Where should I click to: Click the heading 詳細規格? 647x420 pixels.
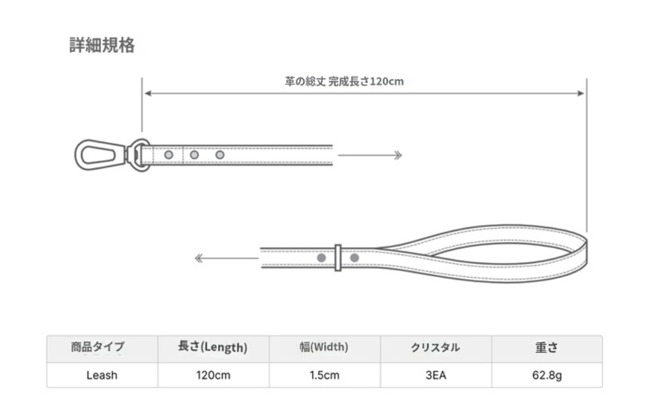[102, 45]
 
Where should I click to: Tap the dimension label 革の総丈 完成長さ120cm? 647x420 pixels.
[344, 81]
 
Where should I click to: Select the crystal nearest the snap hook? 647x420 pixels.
[169, 155]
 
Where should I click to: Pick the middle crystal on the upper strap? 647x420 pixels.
[195, 155]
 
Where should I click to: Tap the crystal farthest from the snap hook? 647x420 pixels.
[220, 155]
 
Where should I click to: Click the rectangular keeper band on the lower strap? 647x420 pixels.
[338, 258]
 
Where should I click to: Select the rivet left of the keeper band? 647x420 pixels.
[321, 258]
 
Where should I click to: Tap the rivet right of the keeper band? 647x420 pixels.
[354, 258]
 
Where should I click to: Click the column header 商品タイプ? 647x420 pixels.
[98, 347]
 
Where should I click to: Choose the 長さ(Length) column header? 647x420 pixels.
[213, 347]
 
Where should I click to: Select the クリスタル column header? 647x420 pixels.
[435, 347]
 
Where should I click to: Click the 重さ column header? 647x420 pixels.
[546, 347]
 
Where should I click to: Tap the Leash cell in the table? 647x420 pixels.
[102, 375]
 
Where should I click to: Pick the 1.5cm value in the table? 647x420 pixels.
[325, 375]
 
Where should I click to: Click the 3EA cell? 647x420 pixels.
[436, 375]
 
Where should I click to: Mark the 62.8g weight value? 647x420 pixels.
[547, 376]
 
